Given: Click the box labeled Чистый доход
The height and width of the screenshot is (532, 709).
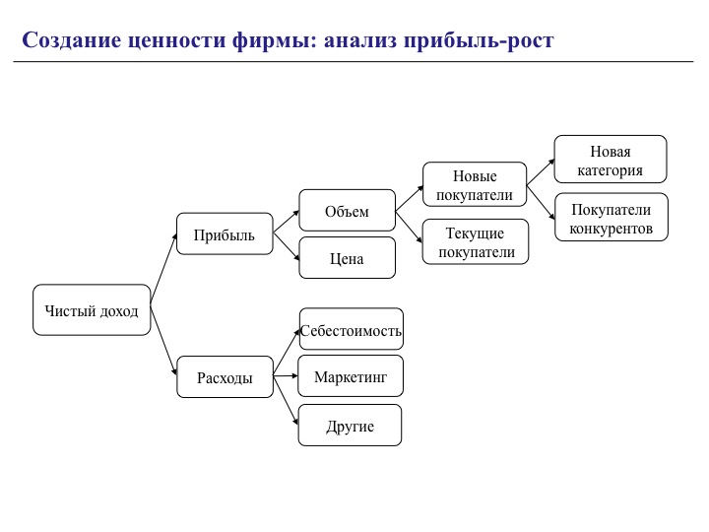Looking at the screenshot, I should [92, 310].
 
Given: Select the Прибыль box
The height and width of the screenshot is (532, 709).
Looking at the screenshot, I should [225, 234].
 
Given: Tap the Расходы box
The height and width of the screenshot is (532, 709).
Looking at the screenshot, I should [225, 376].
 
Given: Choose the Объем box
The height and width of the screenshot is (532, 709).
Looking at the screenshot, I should [347, 211].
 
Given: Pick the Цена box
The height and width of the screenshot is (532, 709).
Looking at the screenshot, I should [347, 258].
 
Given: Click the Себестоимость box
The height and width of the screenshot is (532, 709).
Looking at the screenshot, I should [351, 329].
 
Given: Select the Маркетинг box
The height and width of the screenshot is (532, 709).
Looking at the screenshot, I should [351, 376].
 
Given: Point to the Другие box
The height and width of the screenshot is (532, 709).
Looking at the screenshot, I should [351, 426].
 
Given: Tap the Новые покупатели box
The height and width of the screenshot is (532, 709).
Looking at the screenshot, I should [475, 185].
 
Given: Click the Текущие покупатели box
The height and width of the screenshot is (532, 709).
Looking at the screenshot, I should [475, 241].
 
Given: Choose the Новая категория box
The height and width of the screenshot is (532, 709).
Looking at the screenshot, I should [611, 160].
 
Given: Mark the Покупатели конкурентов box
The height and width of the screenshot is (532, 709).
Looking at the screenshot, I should [611, 218].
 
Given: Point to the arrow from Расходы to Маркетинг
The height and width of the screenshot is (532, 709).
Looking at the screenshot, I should [286, 376].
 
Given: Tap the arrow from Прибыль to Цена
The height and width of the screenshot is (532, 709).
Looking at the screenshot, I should [287, 247].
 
